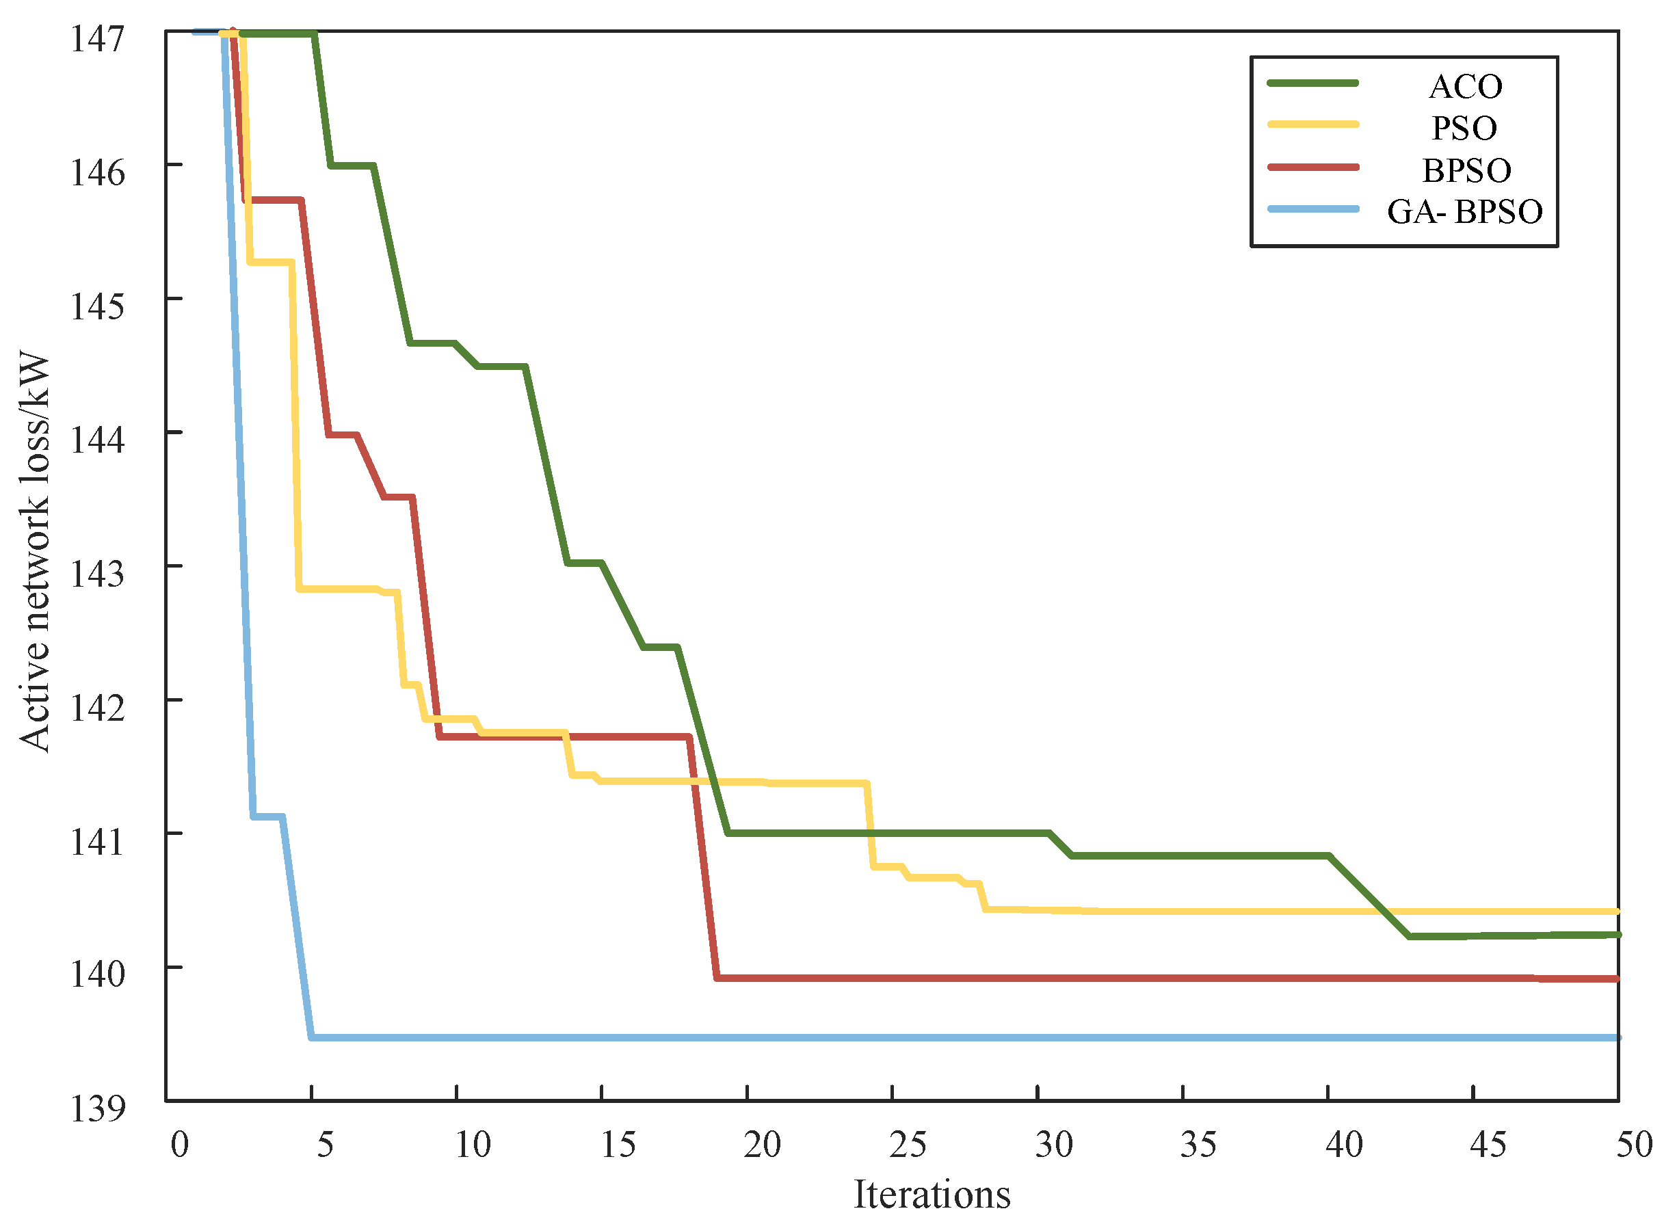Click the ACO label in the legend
(x=1465, y=87)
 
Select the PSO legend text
(x=1464, y=128)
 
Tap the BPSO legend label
(x=1466, y=170)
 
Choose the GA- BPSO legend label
(x=1464, y=212)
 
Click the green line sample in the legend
(x=1313, y=83)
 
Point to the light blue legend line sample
(x=1313, y=209)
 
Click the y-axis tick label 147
(x=97, y=38)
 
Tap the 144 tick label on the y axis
(x=97, y=440)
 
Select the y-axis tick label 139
(x=97, y=1108)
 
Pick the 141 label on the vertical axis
(x=97, y=841)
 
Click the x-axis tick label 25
(x=908, y=1145)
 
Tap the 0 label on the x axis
(x=179, y=1145)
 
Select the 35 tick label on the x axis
(x=1198, y=1145)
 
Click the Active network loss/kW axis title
(x=35, y=554)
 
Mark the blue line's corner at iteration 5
(x=312, y=1037)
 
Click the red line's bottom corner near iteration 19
(x=717, y=978)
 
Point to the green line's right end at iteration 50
(x=1618, y=935)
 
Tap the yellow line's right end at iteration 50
(x=1618, y=912)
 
